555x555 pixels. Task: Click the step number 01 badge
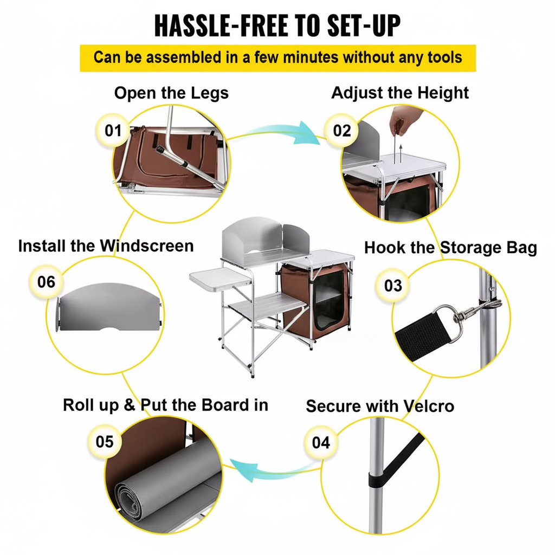point(113,131)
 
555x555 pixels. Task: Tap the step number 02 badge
point(341,131)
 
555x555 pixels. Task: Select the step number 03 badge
point(393,286)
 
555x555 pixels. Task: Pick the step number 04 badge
point(321,442)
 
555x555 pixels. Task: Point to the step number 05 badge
point(105,442)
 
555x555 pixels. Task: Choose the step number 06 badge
point(46,282)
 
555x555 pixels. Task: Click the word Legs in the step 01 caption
point(210,94)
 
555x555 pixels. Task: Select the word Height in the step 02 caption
point(443,93)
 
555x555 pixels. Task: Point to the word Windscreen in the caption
point(146,246)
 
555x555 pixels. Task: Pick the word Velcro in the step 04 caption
point(429,406)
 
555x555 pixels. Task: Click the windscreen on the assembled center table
point(266,240)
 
